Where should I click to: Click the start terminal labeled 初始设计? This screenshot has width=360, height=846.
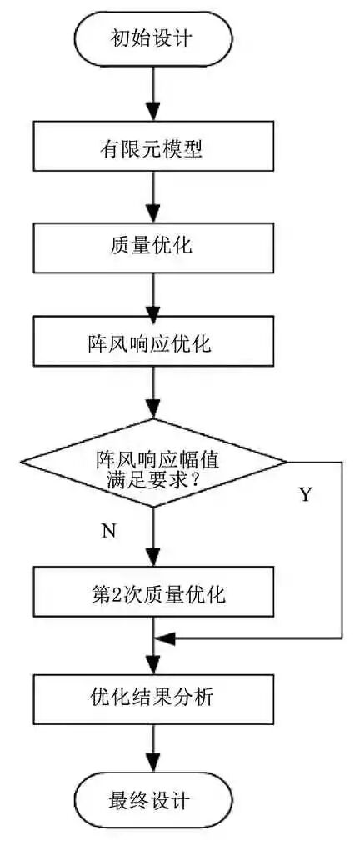click(x=155, y=37)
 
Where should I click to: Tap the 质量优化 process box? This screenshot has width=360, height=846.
click(x=155, y=246)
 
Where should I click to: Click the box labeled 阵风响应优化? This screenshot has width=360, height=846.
click(x=155, y=343)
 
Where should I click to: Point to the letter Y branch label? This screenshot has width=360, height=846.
click(x=305, y=495)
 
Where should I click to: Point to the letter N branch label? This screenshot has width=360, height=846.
click(x=108, y=532)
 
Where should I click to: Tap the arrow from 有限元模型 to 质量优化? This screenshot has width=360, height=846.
click(x=155, y=198)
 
